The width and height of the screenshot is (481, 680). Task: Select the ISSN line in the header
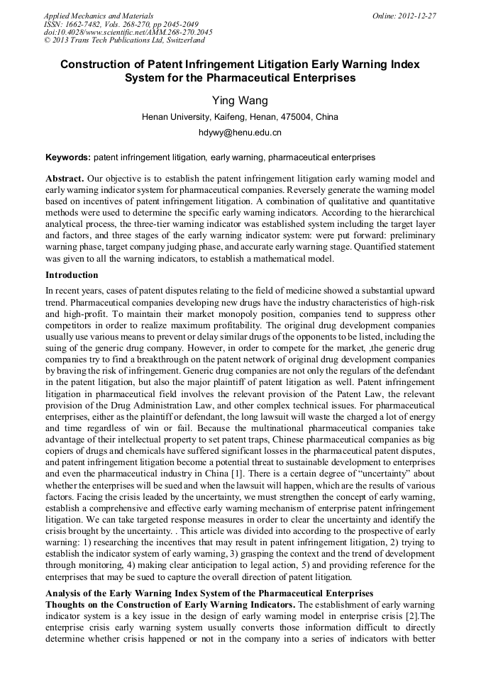[x=121, y=24]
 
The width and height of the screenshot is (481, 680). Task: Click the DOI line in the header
[x=128, y=33]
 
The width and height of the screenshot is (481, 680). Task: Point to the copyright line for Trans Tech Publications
[x=124, y=40]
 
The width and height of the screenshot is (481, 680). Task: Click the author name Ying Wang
[x=240, y=100]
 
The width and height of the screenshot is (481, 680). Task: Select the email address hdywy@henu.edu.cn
[x=240, y=133]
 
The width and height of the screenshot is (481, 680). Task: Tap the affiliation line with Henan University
[x=240, y=117]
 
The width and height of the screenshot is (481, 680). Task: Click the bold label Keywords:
[x=68, y=157]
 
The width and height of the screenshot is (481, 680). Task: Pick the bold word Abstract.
[x=65, y=179]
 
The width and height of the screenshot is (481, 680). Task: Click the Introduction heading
[x=72, y=275]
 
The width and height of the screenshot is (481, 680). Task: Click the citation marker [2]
[x=411, y=615]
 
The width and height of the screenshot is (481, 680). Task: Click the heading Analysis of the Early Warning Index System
[x=209, y=593]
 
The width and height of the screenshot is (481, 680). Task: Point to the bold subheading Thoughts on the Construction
[x=170, y=604]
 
